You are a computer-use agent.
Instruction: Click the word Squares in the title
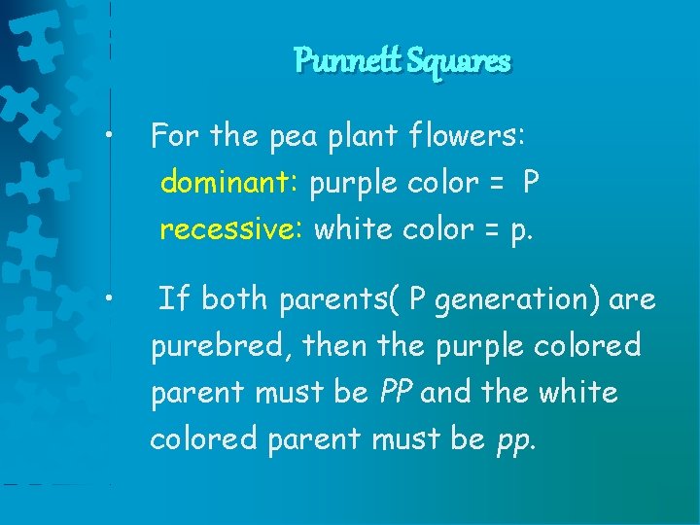pos(459,61)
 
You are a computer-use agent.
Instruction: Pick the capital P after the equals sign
pos(530,182)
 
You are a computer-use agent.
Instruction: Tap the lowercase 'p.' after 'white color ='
pos(521,230)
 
